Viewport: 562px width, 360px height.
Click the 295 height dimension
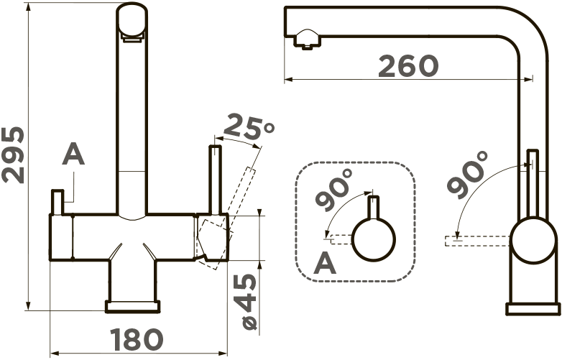tap(13, 154)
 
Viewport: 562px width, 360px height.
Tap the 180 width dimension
tap(137, 340)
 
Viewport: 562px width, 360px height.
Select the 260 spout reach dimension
tap(408, 66)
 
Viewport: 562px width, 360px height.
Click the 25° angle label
tap(248, 127)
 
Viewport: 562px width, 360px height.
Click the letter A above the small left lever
tap(73, 154)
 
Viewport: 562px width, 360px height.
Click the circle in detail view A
tap(374, 240)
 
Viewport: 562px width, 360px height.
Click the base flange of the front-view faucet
tap(133, 307)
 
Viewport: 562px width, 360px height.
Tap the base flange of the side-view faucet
tap(533, 309)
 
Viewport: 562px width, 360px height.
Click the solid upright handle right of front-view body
tap(215, 180)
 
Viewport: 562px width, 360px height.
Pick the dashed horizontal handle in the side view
tap(477, 241)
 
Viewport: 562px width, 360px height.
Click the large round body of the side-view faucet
tap(534, 241)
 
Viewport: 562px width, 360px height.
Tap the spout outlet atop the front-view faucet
tap(132, 22)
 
